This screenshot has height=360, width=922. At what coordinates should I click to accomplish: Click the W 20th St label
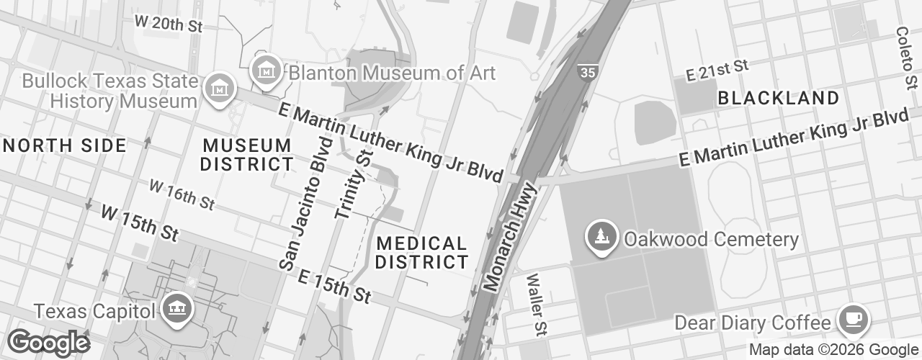click(169, 23)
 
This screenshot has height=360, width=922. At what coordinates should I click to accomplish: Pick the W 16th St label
click(182, 194)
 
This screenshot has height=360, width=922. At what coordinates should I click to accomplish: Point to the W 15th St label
click(139, 223)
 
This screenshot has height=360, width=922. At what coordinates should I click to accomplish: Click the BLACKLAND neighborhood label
click(779, 98)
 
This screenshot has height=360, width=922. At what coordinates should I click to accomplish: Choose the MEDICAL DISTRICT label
click(421, 253)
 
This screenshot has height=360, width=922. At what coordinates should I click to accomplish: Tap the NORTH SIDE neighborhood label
click(65, 145)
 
